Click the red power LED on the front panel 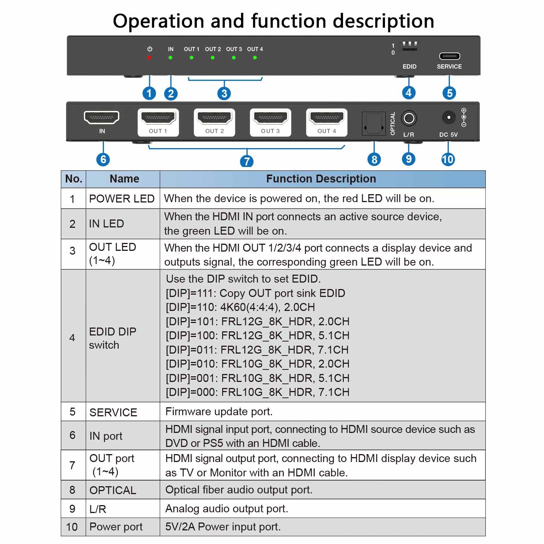point(149,57)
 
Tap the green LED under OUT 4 point(255,58)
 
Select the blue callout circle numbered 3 point(224,93)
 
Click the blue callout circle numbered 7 point(247,161)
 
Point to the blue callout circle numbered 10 point(448,159)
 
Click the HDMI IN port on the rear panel point(102,117)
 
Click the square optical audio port point(374,123)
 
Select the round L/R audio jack point(409,119)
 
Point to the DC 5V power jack point(448,117)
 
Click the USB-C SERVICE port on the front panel point(450,56)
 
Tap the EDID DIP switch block point(410,46)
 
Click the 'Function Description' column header point(321,179)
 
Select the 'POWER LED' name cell point(122,199)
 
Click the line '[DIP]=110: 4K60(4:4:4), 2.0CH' point(240,307)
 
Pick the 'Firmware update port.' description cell point(219,411)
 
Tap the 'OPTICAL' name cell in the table point(113,490)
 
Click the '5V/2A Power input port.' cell point(223,527)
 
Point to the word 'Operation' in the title point(158,21)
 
